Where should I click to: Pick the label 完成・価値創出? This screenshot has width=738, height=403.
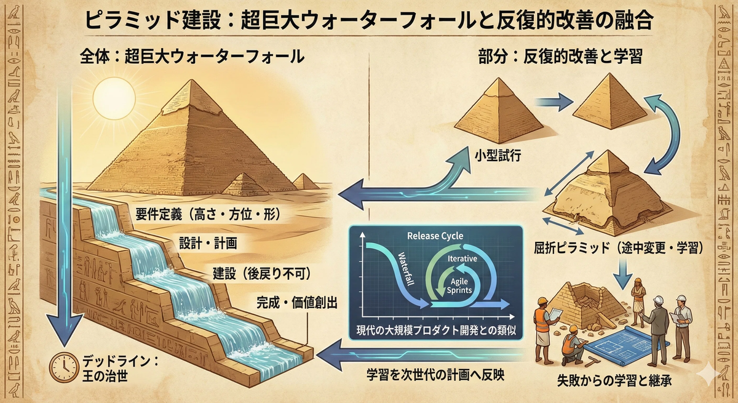[x=294, y=303]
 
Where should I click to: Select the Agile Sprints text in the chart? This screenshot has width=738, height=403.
[x=458, y=282]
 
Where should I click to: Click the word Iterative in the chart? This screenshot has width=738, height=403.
[x=462, y=259]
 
